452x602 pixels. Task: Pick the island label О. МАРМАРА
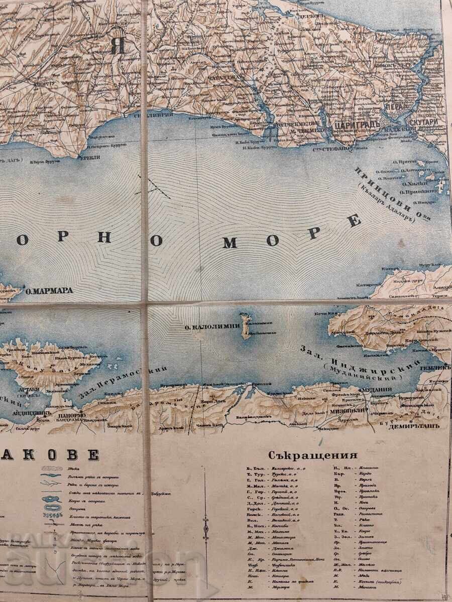(49, 290)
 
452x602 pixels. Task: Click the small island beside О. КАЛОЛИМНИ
(246, 325)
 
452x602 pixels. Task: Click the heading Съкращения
(313, 456)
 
